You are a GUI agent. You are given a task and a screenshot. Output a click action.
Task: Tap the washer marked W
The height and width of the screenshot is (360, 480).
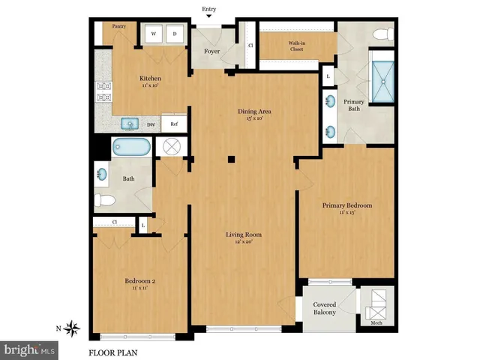click(x=153, y=34)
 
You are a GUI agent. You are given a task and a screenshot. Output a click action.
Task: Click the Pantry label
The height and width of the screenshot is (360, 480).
click(x=118, y=26)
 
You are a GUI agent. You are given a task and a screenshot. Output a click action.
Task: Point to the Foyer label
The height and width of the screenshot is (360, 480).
click(x=212, y=52)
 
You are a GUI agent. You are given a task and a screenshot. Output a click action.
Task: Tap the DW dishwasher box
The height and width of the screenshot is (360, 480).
click(x=151, y=124)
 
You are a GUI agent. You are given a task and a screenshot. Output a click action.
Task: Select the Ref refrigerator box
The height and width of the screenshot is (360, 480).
click(x=174, y=124)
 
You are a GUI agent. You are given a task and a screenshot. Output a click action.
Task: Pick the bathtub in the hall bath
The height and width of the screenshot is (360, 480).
click(x=131, y=147)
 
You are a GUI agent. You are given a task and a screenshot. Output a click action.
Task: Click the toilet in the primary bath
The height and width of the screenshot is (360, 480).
click(x=382, y=34)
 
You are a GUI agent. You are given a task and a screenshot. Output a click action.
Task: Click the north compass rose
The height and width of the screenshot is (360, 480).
click(x=73, y=327)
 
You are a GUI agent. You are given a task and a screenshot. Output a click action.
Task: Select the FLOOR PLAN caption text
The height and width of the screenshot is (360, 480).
click(x=112, y=352)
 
